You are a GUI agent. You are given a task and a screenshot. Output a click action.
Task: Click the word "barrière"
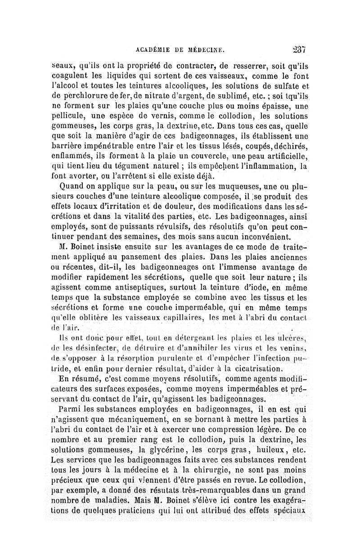67,145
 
